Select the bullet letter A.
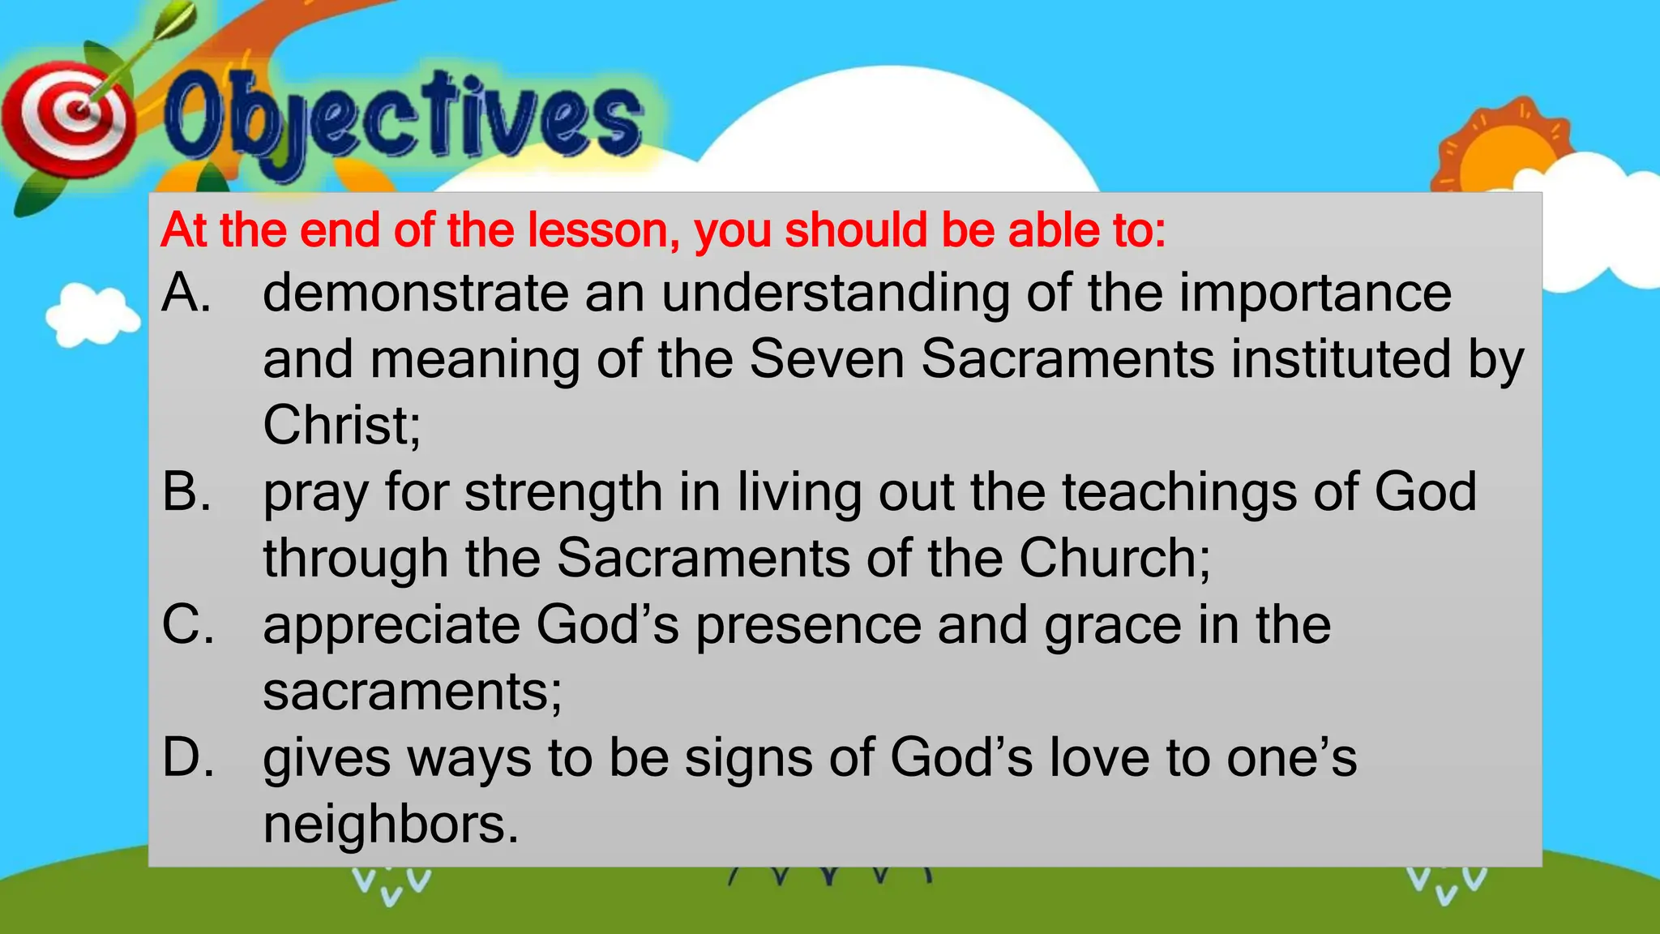(x=186, y=293)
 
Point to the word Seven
(x=826, y=359)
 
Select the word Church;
(x=1115, y=559)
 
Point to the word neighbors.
(x=390, y=825)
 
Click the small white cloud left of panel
(x=91, y=315)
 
